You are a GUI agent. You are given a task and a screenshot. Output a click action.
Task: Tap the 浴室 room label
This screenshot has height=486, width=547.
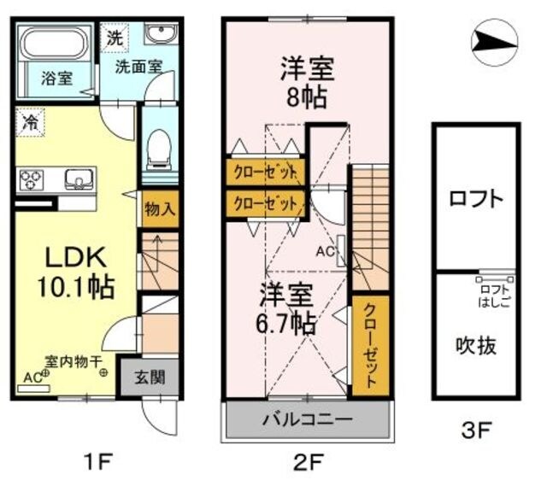(x=57, y=78)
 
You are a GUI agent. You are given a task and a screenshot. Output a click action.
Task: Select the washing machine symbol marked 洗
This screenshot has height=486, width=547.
(x=115, y=38)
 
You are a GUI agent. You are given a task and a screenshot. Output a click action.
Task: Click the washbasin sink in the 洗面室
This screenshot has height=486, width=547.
(x=160, y=35)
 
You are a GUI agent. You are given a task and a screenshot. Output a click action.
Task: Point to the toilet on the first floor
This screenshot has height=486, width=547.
(x=159, y=151)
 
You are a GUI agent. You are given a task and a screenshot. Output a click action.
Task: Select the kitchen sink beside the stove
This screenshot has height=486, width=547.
(x=78, y=180)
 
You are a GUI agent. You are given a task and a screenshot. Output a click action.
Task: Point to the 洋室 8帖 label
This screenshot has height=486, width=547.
(x=306, y=80)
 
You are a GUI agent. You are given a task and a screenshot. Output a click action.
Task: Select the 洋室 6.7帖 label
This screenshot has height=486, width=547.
(x=288, y=309)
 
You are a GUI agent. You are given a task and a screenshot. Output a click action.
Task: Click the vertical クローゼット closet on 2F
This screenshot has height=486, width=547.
(x=369, y=346)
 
